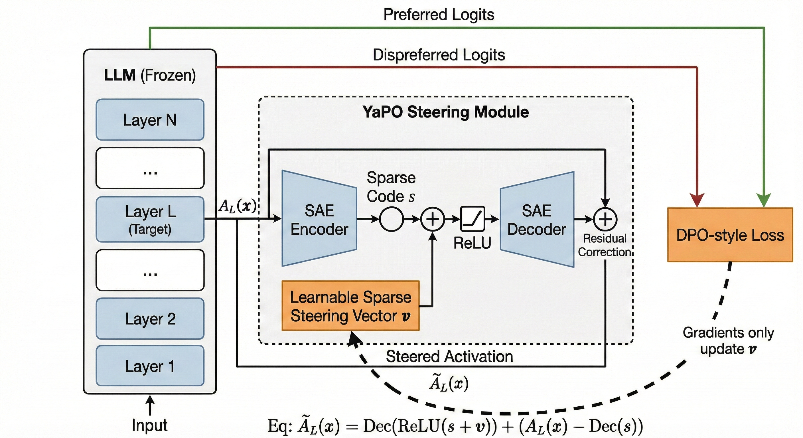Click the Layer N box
tap(150, 120)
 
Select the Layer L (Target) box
tap(150, 219)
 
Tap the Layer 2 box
tap(150, 319)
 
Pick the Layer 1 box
tap(150, 366)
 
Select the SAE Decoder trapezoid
tap(537, 219)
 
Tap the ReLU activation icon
tap(473, 218)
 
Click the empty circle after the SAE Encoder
tap(392, 219)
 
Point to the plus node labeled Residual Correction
tap(605, 219)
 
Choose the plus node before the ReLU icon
tap(433, 219)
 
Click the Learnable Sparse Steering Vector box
tap(350, 306)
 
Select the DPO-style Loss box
tap(730, 235)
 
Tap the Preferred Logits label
tap(439, 15)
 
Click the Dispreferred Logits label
tap(439, 55)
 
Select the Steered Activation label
tap(449, 356)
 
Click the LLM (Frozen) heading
tap(150, 75)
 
